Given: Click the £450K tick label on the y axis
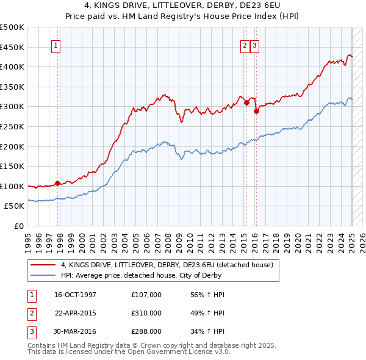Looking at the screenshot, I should [x=12, y=47].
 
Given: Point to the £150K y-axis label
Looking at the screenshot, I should [x=12, y=166].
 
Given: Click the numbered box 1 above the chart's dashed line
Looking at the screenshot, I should [x=56, y=45].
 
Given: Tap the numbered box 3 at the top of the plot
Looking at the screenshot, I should [x=254, y=45].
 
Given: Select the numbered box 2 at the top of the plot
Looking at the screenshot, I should [x=245, y=45].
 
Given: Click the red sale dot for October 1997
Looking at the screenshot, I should [x=57, y=183].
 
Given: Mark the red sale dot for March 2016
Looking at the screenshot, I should [x=257, y=111].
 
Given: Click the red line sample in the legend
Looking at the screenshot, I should [x=43, y=265].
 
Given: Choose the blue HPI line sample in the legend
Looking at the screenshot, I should [x=43, y=275].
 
